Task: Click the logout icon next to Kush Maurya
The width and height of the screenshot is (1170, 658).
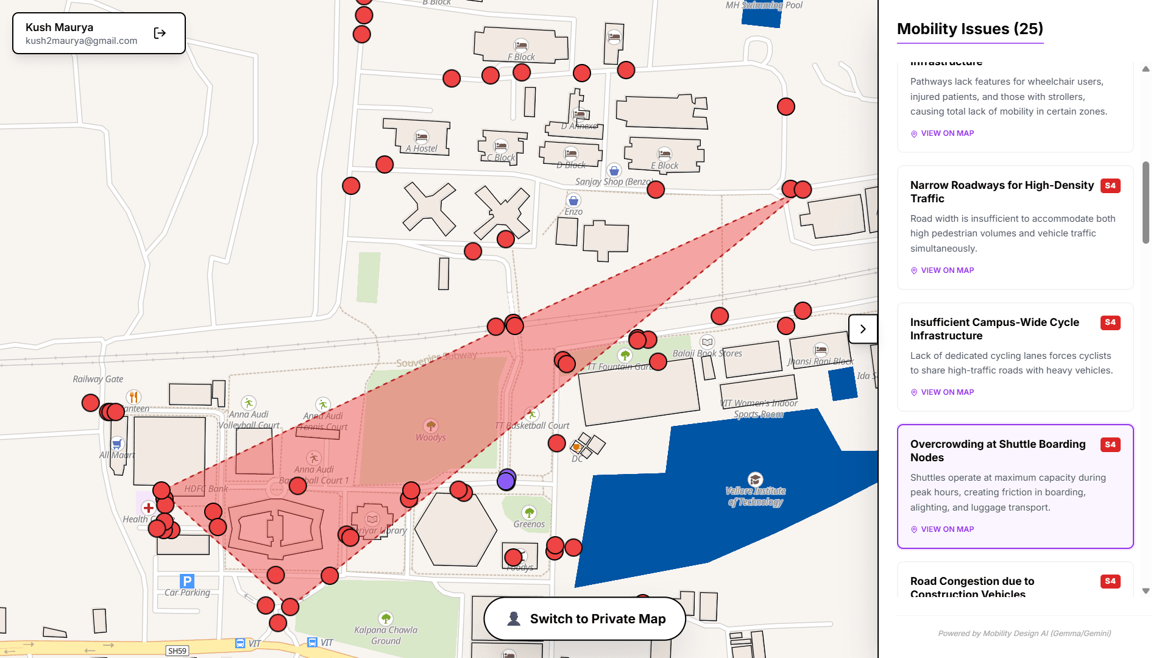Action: (x=160, y=34)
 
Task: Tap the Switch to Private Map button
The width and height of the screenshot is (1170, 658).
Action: (x=585, y=619)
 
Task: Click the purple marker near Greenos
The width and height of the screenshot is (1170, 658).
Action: (x=506, y=481)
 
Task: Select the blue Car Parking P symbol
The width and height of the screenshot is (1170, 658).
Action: (x=188, y=581)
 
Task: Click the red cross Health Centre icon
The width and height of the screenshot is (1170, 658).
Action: (x=148, y=508)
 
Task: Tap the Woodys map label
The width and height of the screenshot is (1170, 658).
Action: (x=430, y=437)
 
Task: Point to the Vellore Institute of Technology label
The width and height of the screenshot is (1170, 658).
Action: (x=756, y=497)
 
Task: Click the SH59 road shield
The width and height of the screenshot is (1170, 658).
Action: (x=177, y=651)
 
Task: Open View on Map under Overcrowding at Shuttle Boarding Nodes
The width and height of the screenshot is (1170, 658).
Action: (x=947, y=529)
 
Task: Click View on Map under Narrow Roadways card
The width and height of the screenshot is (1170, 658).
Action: (x=947, y=271)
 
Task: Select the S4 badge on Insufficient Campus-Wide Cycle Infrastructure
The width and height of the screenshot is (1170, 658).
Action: (x=1110, y=323)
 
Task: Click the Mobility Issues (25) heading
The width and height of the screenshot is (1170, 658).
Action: (x=970, y=29)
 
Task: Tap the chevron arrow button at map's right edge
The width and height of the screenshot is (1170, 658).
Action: (x=863, y=329)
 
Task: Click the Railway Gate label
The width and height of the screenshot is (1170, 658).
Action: (x=97, y=379)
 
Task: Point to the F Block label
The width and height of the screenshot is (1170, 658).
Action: (x=521, y=57)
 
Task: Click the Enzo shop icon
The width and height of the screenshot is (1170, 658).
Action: (x=573, y=200)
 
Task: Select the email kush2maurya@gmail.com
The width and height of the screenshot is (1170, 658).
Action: (x=81, y=41)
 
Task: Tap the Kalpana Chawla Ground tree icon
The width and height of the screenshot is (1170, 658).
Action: (x=386, y=618)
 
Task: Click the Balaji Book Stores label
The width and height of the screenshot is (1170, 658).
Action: (x=707, y=353)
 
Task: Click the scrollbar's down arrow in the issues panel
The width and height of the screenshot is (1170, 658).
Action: (x=1146, y=591)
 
